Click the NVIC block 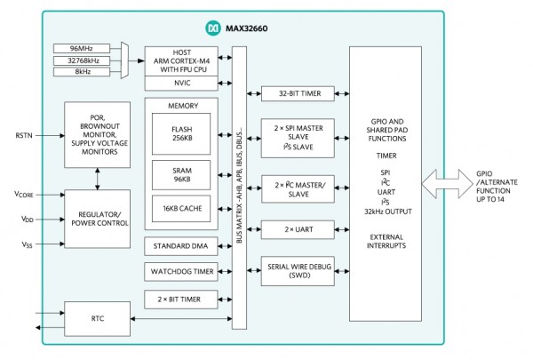[181, 83]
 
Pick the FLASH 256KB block [180, 134]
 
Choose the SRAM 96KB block [180, 172]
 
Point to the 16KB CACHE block [180, 208]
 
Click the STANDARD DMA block [180, 244]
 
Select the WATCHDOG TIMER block [180, 270]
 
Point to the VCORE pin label [25, 194]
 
